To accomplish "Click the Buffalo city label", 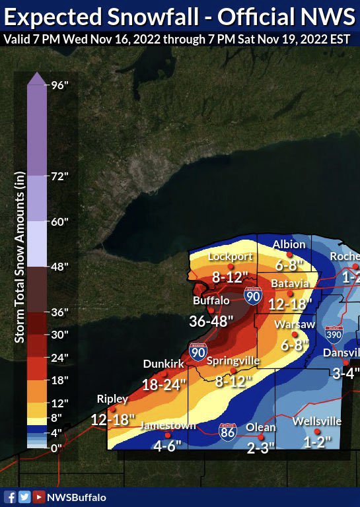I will (x=211, y=300).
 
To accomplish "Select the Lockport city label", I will (x=231, y=257).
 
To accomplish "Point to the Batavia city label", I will (x=289, y=283).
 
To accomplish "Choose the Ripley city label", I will (x=112, y=399).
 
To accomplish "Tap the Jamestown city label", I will (x=168, y=426).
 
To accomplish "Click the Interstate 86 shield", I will (x=228, y=432).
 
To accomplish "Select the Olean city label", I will (x=260, y=427).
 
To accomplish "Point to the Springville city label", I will (x=233, y=361).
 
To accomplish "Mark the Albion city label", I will (x=289, y=244).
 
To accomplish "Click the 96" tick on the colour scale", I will (x=60, y=84).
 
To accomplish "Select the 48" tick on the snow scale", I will (x=60, y=266).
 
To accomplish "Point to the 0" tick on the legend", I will (x=57, y=448).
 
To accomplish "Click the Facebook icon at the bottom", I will (x=10, y=497).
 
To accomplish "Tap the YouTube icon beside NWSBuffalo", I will (x=39, y=497).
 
